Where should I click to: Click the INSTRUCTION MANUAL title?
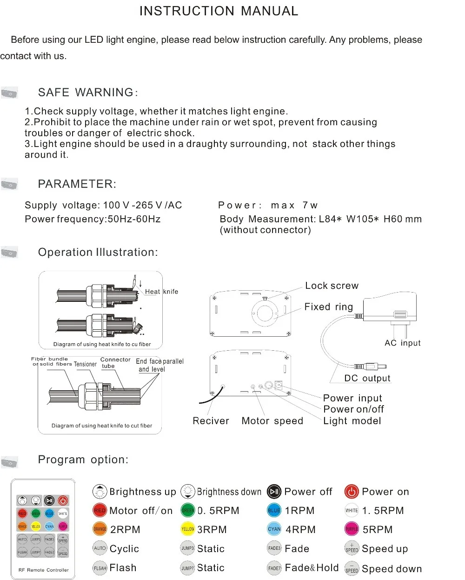coord(219,11)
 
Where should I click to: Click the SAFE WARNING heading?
coord(88,93)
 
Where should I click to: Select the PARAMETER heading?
coord(77,184)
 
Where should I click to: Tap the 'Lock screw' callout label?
coord(332,286)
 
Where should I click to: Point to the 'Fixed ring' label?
coord(329,307)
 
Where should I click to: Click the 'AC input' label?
coord(402,343)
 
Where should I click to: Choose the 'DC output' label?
coord(367,378)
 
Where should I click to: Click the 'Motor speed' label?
coord(272,421)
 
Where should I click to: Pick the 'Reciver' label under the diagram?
coord(211,421)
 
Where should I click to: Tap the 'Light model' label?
coord(352,421)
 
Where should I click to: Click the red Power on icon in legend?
coord(352,492)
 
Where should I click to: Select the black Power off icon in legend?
coord(274,492)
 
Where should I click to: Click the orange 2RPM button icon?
coord(100,529)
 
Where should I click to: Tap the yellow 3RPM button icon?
coord(187,529)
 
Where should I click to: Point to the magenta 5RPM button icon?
coord(352,529)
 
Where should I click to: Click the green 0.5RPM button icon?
coord(187,511)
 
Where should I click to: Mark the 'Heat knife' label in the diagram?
coord(161,292)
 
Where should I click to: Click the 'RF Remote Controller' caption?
coord(43,570)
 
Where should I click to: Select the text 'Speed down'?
coord(392,569)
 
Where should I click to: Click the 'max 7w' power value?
coord(294,206)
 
